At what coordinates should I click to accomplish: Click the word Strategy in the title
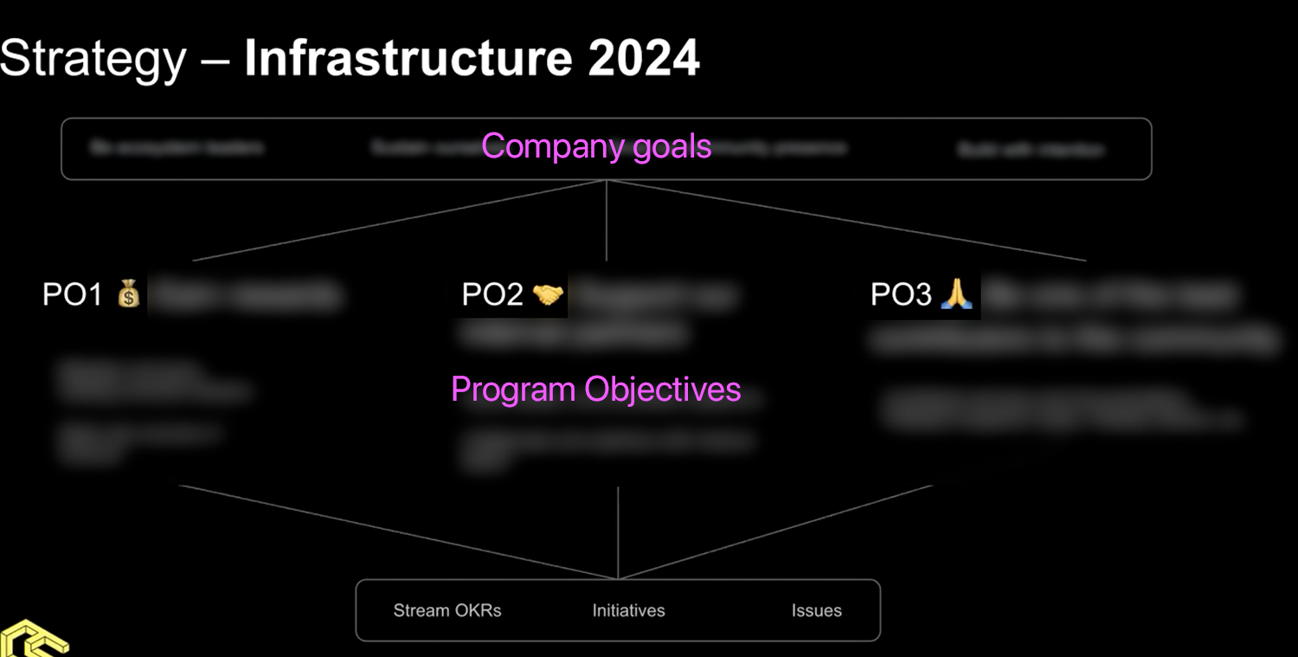click(93, 59)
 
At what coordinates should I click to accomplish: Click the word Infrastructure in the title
click(407, 58)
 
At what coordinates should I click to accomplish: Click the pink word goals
click(671, 147)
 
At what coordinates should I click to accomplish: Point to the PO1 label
click(73, 295)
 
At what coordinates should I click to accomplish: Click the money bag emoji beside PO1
click(129, 294)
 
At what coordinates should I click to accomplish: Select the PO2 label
click(492, 295)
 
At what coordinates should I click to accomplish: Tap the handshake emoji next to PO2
click(548, 295)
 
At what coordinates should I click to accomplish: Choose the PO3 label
click(901, 295)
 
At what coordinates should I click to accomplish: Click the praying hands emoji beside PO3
click(957, 294)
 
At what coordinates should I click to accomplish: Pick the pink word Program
click(513, 390)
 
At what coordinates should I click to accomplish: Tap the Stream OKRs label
click(447, 610)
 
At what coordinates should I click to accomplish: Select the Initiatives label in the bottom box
click(628, 610)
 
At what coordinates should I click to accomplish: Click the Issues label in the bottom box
click(816, 610)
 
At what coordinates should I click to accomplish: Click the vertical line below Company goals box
click(607, 221)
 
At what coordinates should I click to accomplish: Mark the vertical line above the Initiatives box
click(618, 532)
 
